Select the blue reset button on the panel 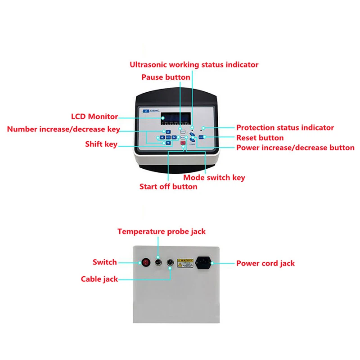202,137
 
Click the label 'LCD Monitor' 94,117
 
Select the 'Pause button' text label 166,77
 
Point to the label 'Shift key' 101,144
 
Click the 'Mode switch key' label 214,177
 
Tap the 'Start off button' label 168,186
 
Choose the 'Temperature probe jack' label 162,231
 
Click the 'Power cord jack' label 265,263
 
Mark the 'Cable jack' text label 99,279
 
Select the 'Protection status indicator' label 285,127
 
